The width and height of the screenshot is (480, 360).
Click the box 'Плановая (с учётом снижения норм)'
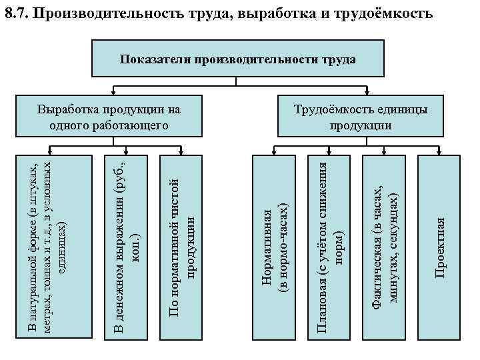329,247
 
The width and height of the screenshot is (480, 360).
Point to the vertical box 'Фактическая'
385,247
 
